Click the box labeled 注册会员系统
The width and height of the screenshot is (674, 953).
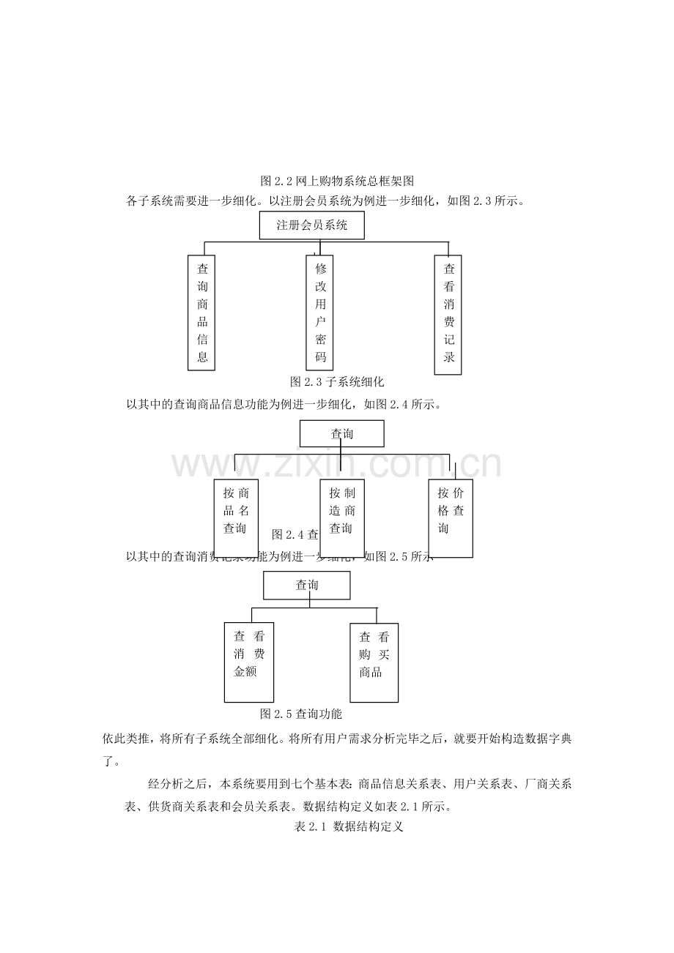pyautogui.click(x=311, y=225)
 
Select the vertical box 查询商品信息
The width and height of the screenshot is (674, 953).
pyautogui.click(x=202, y=312)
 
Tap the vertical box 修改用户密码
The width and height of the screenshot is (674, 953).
pyautogui.click(x=319, y=312)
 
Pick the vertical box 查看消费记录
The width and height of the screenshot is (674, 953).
pyautogui.click(x=448, y=314)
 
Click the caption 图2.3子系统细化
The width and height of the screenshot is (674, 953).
pyautogui.click(x=337, y=381)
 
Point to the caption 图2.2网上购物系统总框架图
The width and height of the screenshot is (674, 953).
pyautogui.click(x=338, y=180)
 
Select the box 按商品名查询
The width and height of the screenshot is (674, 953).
pyautogui.click(x=237, y=517)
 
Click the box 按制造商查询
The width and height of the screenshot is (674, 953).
pyautogui.click(x=342, y=517)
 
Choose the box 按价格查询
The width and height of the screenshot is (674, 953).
pyautogui.click(x=451, y=517)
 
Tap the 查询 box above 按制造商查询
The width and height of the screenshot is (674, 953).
pyautogui.click(x=341, y=433)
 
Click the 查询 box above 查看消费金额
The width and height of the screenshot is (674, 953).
pyautogui.click(x=307, y=585)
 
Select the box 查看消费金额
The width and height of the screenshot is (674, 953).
pyautogui.click(x=249, y=662)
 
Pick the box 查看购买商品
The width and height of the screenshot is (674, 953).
pyautogui.click(x=374, y=662)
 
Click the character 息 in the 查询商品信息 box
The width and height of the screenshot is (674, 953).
pyautogui.click(x=202, y=357)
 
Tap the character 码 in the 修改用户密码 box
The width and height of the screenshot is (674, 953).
pyautogui.click(x=320, y=357)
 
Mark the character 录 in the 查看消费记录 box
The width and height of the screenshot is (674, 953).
pyautogui.click(x=449, y=357)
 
